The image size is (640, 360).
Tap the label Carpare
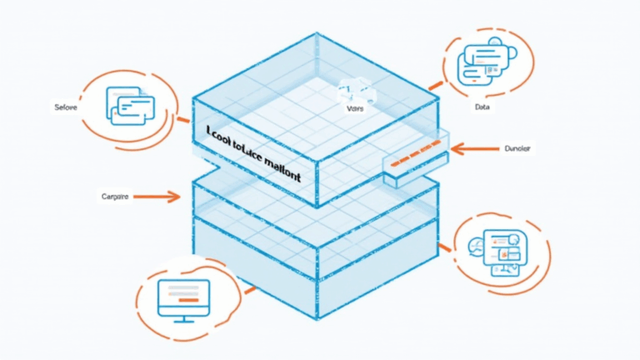tap(113, 197)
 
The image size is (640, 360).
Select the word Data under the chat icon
tap(482, 108)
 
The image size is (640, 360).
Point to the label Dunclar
tap(518, 150)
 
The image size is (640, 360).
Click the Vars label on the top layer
tap(353, 109)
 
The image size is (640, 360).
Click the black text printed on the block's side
tap(252, 152)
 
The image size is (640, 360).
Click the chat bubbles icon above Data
tap(484, 63)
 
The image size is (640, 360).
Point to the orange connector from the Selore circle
tap(183, 120)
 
